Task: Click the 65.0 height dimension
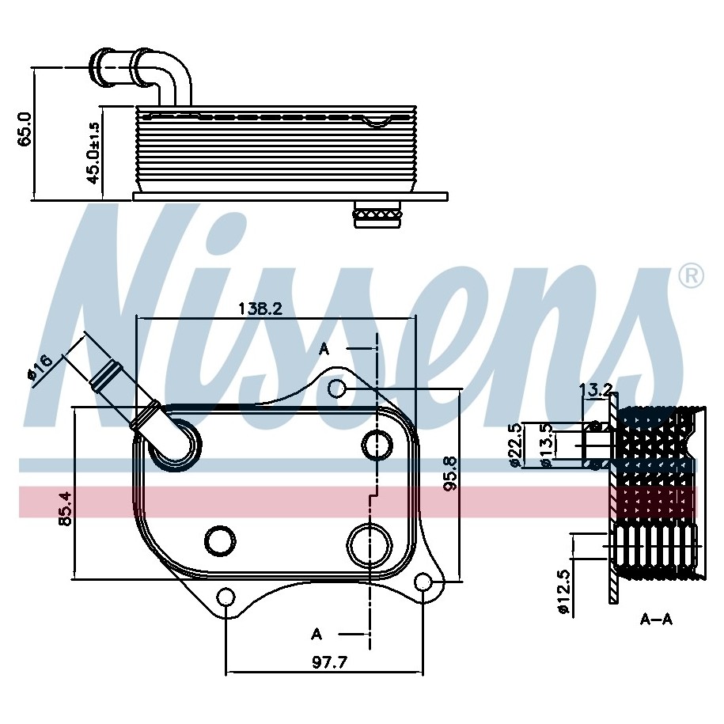click(24, 129)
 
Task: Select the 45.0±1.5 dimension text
click(93, 153)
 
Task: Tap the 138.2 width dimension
click(260, 309)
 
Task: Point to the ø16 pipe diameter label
click(41, 368)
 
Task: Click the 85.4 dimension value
click(65, 509)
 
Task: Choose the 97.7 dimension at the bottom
click(329, 662)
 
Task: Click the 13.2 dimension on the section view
click(596, 391)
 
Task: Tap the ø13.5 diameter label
click(548, 445)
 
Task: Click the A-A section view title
click(656, 620)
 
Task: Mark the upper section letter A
click(324, 350)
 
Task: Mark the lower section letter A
click(317, 635)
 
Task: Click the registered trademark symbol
click(692, 277)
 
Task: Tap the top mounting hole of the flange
click(336, 389)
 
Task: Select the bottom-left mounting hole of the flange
click(226, 597)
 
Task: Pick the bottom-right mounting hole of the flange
click(423, 582)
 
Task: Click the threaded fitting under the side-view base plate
click(377, 214)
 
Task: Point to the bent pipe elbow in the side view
click(176, 78)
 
